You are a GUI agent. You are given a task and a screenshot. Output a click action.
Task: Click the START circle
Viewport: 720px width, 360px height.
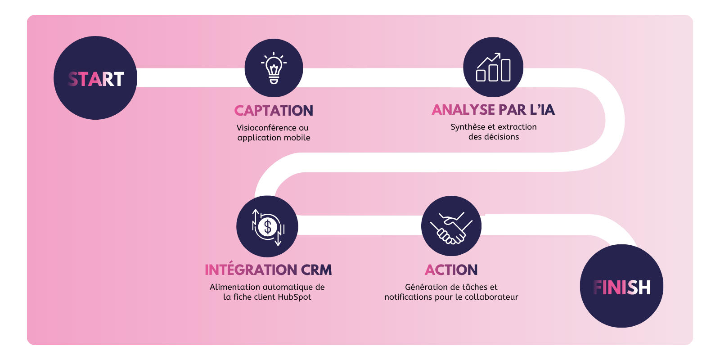pos(95,78)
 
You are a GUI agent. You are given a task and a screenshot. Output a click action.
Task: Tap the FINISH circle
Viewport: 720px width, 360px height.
pos(621,286)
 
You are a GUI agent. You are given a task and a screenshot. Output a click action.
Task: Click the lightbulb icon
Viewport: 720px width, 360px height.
pos(274,68)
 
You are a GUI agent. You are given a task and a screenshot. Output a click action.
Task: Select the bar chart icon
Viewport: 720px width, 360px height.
pos(493,67)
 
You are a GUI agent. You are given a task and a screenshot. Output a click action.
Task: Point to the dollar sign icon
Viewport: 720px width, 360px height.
pos(268,226)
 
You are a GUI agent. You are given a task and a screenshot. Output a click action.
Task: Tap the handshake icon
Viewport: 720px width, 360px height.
pos(451,226)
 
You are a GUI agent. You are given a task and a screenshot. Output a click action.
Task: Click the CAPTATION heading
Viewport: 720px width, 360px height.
pos(274,111)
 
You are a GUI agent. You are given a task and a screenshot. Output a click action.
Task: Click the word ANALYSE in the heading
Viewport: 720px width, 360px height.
pos(463,110)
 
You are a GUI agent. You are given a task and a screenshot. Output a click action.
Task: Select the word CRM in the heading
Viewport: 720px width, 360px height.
pos(316,270)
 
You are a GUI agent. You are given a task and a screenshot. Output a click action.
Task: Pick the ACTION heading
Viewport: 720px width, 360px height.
pos(451,270)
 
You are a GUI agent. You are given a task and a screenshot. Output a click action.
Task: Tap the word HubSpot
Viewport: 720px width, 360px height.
pos(294,297)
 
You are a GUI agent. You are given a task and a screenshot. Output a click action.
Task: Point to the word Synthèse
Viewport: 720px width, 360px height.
pos(468,127)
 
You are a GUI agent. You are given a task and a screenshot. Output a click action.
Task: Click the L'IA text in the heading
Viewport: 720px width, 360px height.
pos(542,110)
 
